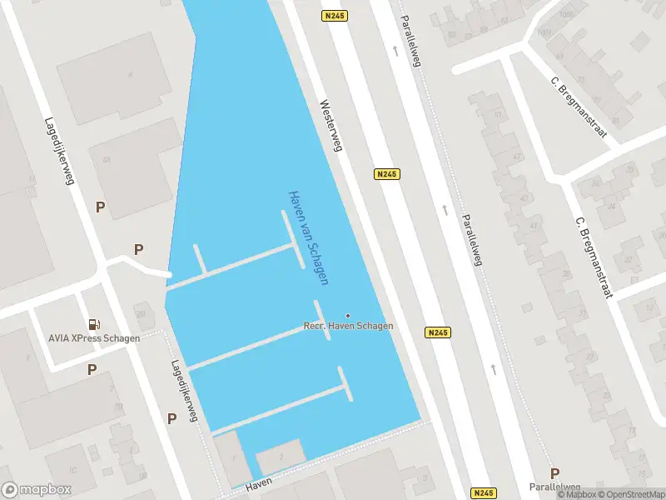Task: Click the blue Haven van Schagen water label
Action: pos(307,237)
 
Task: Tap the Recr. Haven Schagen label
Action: pos(348,326)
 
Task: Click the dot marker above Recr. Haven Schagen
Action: pos(348,315)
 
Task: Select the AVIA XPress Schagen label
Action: pos(94,337)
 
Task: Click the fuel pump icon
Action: pos(94,324)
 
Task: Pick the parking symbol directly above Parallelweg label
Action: pos(554,473)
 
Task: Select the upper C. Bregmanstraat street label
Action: pos(579,107)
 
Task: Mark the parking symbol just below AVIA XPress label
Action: pos(92,368)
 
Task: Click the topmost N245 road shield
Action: pos(334,16)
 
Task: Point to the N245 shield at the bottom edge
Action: pos(483,492)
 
